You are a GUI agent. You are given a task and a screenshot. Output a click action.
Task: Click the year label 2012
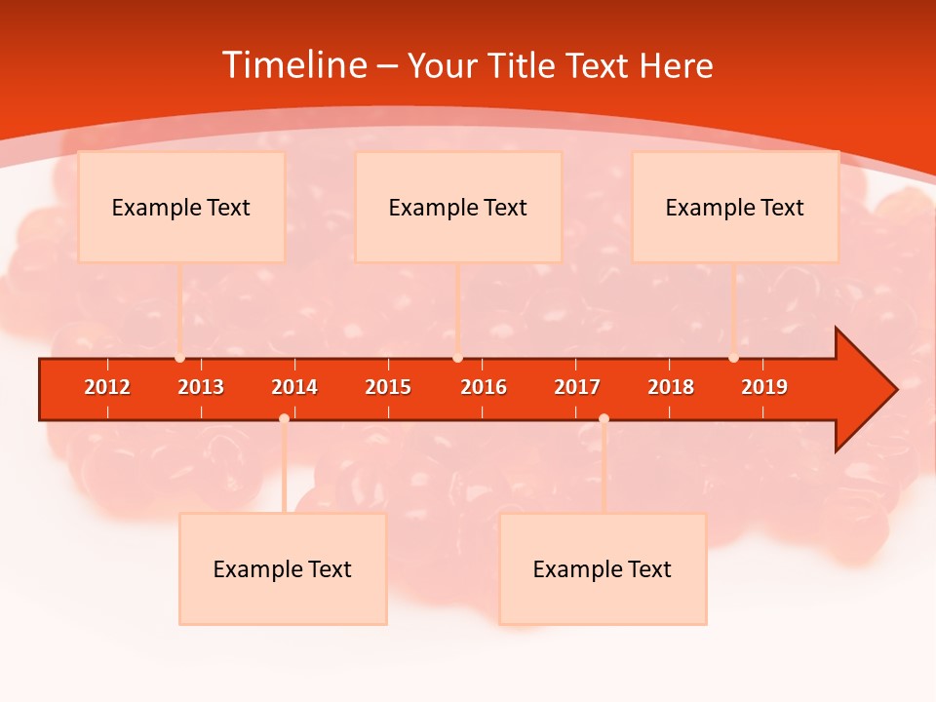tap(107, 387)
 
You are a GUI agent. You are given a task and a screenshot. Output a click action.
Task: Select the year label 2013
tap(201, 387)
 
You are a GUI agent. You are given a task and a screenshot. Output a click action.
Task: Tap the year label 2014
tap(294, 387)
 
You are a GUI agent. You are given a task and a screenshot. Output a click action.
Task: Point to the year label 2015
tap(388, 387)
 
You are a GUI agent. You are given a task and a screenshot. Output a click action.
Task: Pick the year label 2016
tap(484, 387)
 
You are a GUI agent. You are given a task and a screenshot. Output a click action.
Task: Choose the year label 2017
tap(577, 387)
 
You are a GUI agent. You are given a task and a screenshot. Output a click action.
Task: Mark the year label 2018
tap(671, 387)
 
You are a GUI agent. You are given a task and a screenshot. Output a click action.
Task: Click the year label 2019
tap(764, 387)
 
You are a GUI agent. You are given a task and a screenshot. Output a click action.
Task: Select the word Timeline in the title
tap(292, 65)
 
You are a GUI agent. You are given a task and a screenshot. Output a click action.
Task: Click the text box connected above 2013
tap(181, 207)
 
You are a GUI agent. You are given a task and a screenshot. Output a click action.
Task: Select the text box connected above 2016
tap(458, 207)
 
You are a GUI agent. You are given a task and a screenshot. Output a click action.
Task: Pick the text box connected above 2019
tap(735, 207)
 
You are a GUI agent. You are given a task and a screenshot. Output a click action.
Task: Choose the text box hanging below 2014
tap(283, 568)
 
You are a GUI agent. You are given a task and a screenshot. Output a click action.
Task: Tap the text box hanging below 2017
tap(603, 568)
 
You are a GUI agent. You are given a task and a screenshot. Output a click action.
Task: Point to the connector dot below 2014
tap(284, 418)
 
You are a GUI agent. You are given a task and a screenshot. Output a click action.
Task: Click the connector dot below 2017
tap(604, 418)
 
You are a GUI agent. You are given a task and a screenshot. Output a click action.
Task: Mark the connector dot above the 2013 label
tap(179, 358)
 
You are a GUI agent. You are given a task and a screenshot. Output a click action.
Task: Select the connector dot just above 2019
tap(733, 358)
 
